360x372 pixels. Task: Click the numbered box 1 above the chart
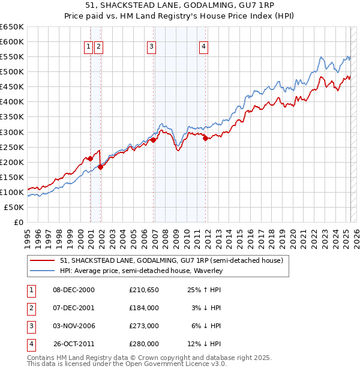pyautogui.click(x=88, y=47)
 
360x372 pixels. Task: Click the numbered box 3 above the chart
pyautogui.click(x=152, y=47)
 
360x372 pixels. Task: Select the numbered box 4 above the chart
pyautogui.click(x=204, y=47)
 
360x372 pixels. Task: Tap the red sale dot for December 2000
pyautogui.click(x=91, y=158)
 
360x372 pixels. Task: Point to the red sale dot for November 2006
pyautogui.click(x=154, y=140)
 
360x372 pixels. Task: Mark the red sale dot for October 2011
pyautogui.click(x=206, y=138)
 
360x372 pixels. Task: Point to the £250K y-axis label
pyautogui.click(x=11, y=147)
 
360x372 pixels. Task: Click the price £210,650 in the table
pyautogui.click(x=143, y=290)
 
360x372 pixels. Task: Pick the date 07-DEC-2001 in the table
pyautogui.click(x=74, y=308)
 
